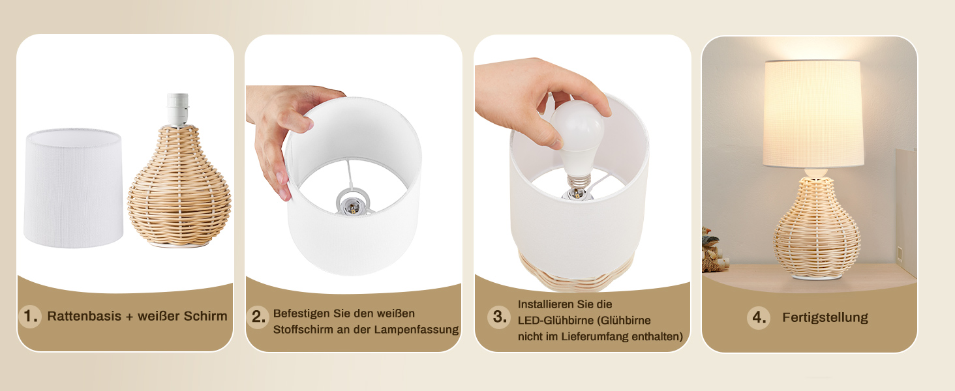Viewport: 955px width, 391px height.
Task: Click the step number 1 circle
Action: point(30,317)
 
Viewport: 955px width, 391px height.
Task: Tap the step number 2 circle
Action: point(258,317)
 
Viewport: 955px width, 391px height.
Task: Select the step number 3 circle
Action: point(499,317)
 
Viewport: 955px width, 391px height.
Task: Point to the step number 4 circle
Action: point(759,317)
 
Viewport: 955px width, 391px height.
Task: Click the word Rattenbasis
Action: point(84,316)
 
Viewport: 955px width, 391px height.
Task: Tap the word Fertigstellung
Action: point(825,317)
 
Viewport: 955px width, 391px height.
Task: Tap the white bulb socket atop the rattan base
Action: point(177,109)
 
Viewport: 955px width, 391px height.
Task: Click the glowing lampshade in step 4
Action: point(813,113)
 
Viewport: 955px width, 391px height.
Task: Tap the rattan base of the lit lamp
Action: point(817,228)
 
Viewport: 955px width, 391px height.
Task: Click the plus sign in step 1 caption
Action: point(129,317)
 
